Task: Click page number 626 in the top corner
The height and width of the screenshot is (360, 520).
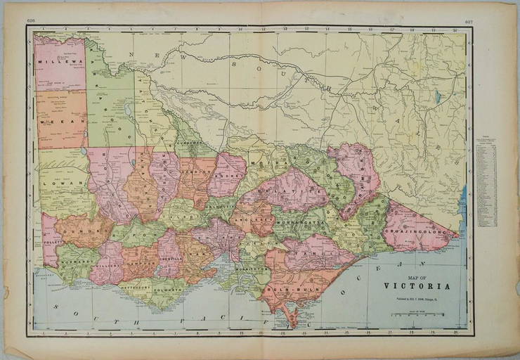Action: click(x=30, y=21)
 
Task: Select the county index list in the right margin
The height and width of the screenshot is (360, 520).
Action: click(x=487, y=179)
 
